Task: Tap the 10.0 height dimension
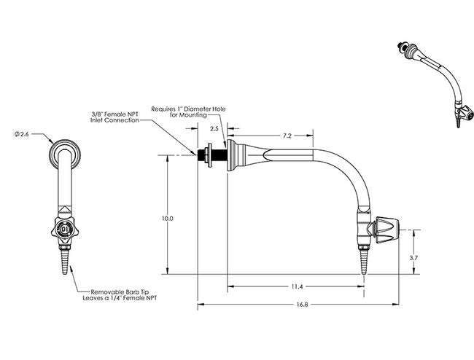[167, 217]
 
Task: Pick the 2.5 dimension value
[214, 128]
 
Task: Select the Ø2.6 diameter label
[21, 133]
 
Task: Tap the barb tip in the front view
[66, 261]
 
